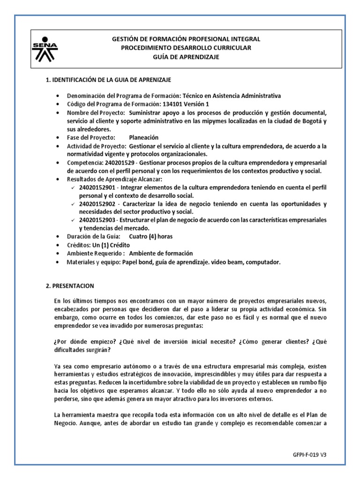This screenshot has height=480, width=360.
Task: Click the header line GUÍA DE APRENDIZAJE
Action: [x=186, y=57]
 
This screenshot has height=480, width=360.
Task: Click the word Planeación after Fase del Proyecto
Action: [x=143, y=137]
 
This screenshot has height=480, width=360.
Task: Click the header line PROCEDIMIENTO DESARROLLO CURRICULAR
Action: [x=186, y=48]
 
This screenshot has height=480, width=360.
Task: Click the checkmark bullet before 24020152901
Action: [x=73, y=188]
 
